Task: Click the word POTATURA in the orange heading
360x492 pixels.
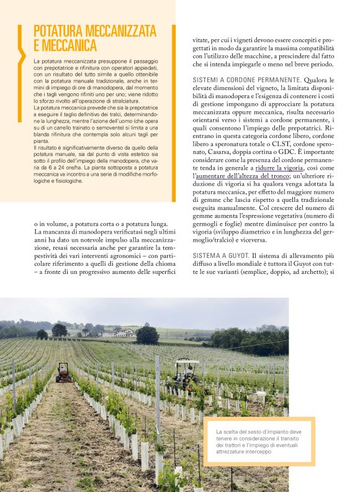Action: tap(60, 31)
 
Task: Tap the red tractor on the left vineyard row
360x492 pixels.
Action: tap(64, 373)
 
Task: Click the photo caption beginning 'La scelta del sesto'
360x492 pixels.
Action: tap(259, 442)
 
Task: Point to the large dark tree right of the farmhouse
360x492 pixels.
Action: tap(148, 334)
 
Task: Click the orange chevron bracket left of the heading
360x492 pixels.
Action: tap(21, 46)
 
